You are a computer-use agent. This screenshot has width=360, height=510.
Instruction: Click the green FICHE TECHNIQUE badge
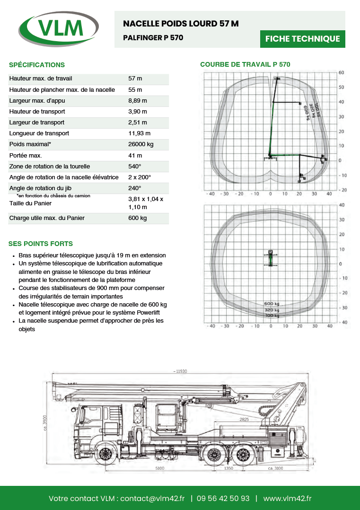coord(302,39)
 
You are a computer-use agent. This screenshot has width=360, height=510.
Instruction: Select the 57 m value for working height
coord(135,79)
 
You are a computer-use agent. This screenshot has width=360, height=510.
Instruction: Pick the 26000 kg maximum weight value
coord(141,144)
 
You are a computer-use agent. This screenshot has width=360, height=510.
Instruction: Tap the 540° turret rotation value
coord(135,167)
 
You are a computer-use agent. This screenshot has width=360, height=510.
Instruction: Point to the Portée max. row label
coord(26,155)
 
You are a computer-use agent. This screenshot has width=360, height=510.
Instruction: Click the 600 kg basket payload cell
coord(138,218)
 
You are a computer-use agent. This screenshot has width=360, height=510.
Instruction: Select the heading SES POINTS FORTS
coord(41,244)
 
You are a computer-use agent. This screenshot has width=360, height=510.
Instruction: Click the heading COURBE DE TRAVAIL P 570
coord(245,64)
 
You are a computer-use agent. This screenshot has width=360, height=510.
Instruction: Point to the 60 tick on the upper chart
coord(341,73)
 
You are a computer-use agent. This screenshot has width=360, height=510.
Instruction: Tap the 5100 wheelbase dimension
coord(160,468)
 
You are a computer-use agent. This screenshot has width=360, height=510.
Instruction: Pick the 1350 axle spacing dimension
coord(229,468)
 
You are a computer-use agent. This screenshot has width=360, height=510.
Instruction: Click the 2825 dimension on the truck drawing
coord(244,419)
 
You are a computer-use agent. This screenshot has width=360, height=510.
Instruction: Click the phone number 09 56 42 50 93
coord(223,498)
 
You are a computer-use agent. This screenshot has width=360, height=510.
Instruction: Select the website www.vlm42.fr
coord(287,498)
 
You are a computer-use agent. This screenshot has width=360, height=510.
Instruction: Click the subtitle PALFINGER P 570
coord(153,37)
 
